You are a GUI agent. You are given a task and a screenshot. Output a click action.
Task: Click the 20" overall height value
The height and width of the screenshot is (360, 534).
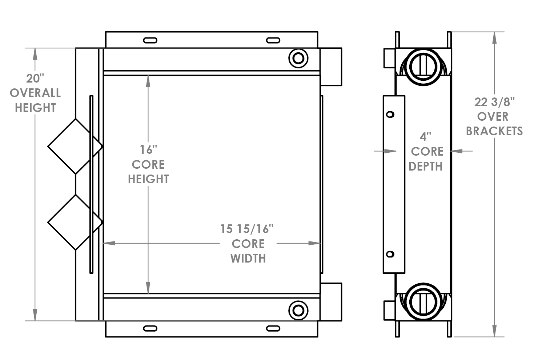(x=35, y=78)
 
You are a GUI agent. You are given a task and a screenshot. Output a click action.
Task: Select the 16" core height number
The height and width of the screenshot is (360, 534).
(x=148, y=149)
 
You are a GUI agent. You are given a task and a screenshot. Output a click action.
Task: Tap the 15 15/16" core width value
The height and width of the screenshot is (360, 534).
(x=246, y=229)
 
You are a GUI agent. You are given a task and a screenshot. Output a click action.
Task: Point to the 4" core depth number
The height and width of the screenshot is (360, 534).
(x=425, y=137)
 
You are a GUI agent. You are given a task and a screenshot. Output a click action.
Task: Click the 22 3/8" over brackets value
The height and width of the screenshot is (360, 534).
(x=495, y=102)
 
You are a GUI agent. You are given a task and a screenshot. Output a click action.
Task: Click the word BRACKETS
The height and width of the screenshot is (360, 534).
(x=494, y=131)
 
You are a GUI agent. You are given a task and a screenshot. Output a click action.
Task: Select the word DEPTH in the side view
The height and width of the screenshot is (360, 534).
(x=426, y=167)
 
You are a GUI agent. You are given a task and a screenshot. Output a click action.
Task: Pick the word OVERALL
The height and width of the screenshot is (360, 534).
(x=35, y=93)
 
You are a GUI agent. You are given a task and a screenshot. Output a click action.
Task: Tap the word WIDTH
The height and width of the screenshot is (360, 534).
(x=248, y=259)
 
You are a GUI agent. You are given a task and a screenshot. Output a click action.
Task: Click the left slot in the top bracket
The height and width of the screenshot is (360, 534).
(x=150, y=40)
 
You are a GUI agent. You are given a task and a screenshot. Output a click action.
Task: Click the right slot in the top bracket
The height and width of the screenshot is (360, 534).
(x=273, y=40)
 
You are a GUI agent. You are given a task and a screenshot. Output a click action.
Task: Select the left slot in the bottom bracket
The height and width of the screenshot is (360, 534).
(x=150, y=329)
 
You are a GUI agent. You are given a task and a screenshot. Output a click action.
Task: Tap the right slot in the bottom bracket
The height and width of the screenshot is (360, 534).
(x=273, y=329)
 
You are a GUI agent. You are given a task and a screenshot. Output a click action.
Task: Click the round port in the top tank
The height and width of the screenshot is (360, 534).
(x=298, y=58)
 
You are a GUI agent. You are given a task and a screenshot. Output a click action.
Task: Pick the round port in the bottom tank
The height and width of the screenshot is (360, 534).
(x=298, y=311)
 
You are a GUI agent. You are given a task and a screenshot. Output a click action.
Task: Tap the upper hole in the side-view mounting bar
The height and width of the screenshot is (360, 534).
(x=390, y=115)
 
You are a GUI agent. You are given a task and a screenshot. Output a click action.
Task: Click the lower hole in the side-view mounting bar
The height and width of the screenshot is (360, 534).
(x=390, y=254)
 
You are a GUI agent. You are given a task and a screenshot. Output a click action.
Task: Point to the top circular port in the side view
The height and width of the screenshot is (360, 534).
(x=423, y=65)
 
